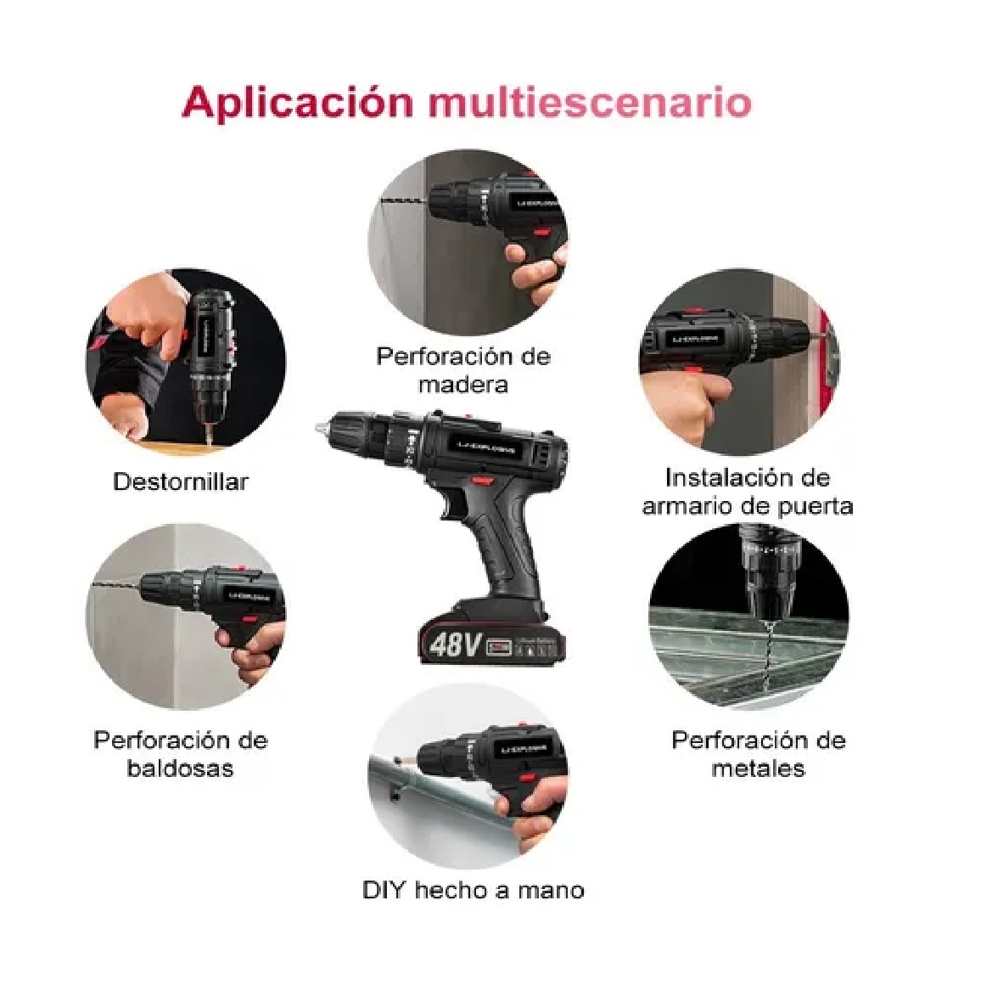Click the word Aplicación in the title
(297, 103)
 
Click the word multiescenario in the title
(590, 103)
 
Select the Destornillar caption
(181, 481)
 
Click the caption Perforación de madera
(463, 369)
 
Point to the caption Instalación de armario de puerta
(748, 492)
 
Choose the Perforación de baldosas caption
(180, 754)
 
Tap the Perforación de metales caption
(758, 754)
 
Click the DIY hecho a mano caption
(473, 890)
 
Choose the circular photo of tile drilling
(186, 616)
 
